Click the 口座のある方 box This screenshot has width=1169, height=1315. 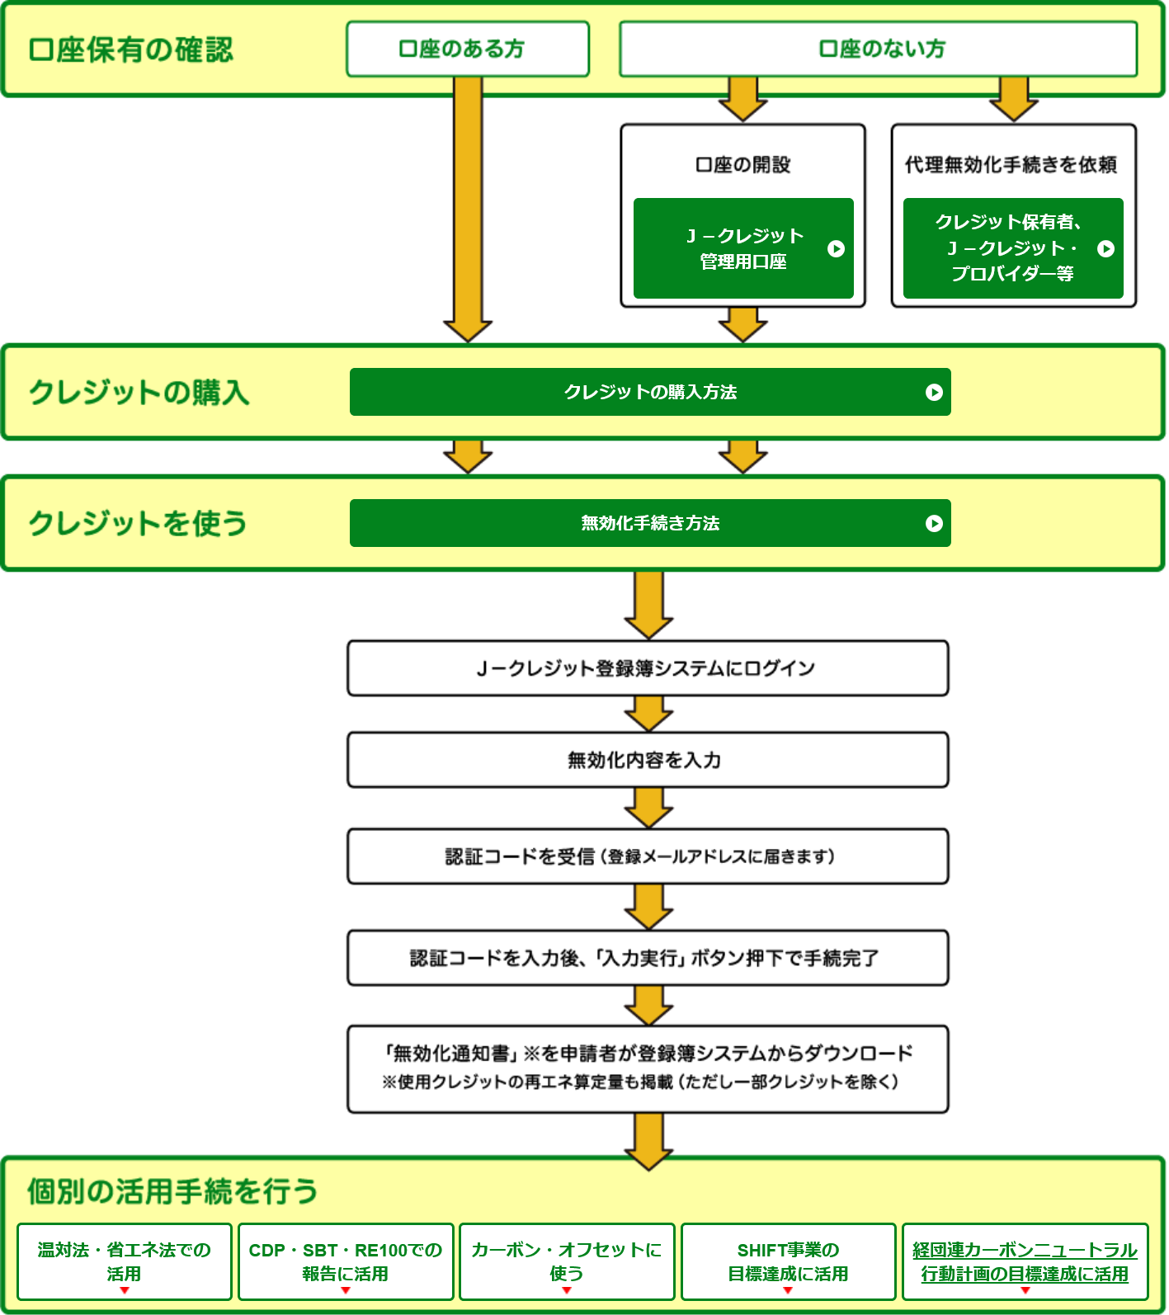tap(468, 49)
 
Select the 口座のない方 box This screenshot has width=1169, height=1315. tap(878, 49)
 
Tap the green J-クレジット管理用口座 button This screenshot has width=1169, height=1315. tap(743, 248)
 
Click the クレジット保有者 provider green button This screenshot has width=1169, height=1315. tap(1013, 248)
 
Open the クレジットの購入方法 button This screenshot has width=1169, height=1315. tap(650, 392)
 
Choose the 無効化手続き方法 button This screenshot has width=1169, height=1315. tap(650, 523)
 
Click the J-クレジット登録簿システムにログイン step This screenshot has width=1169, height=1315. tap(648, 668)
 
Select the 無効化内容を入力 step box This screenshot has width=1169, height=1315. tap(648, 760)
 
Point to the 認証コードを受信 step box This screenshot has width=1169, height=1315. tap(648, 856)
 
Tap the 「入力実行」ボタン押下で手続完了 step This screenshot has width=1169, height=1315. tap(648, 958)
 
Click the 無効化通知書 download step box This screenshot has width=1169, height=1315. tap(648, 1069)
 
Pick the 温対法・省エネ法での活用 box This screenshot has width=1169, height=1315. tap(124, 1261)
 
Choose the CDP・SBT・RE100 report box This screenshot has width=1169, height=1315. tap(346, 1261)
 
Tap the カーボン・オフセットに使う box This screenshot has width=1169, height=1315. tap(567, 1261)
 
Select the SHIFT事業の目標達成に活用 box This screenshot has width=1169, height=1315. tap(788, 1261)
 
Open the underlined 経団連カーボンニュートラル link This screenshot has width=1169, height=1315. tap(1025, 1261)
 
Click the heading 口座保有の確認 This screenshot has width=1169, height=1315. tap(131, 50)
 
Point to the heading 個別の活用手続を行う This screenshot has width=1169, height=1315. tap(172, 1191)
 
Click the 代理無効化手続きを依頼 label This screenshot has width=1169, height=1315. tap(1011, 165)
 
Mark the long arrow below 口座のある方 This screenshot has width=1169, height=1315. tap(468, 206)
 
